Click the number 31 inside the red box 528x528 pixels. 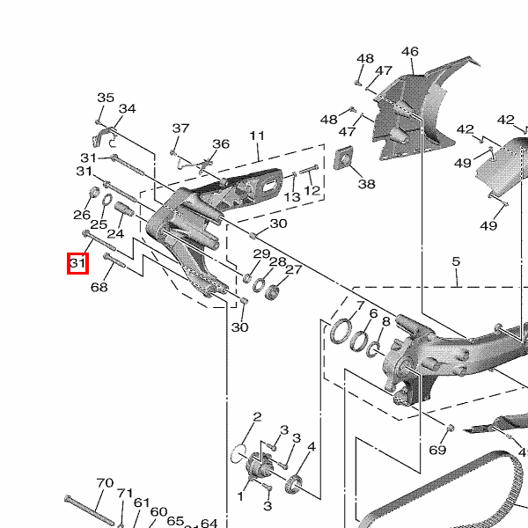point(77,262)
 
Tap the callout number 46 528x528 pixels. point(410,52)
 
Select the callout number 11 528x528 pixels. point(257,136)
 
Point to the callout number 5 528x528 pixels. point(456,261)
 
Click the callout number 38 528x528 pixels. point(367,184)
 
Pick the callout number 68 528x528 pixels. point(99,287)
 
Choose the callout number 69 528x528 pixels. point(437,450)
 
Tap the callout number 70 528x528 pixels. point(105,483)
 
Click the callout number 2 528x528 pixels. point(257,417)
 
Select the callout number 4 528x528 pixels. point(312,447)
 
